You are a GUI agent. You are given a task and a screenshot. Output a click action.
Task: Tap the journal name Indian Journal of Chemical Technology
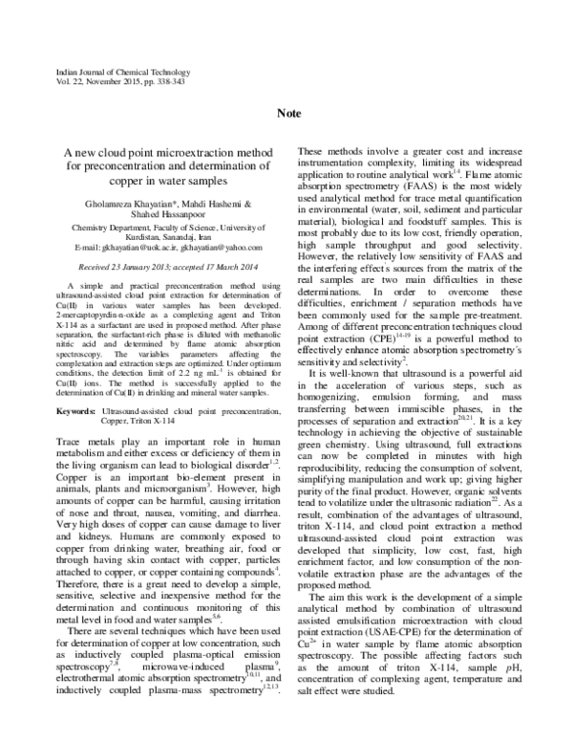pos(105,72)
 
